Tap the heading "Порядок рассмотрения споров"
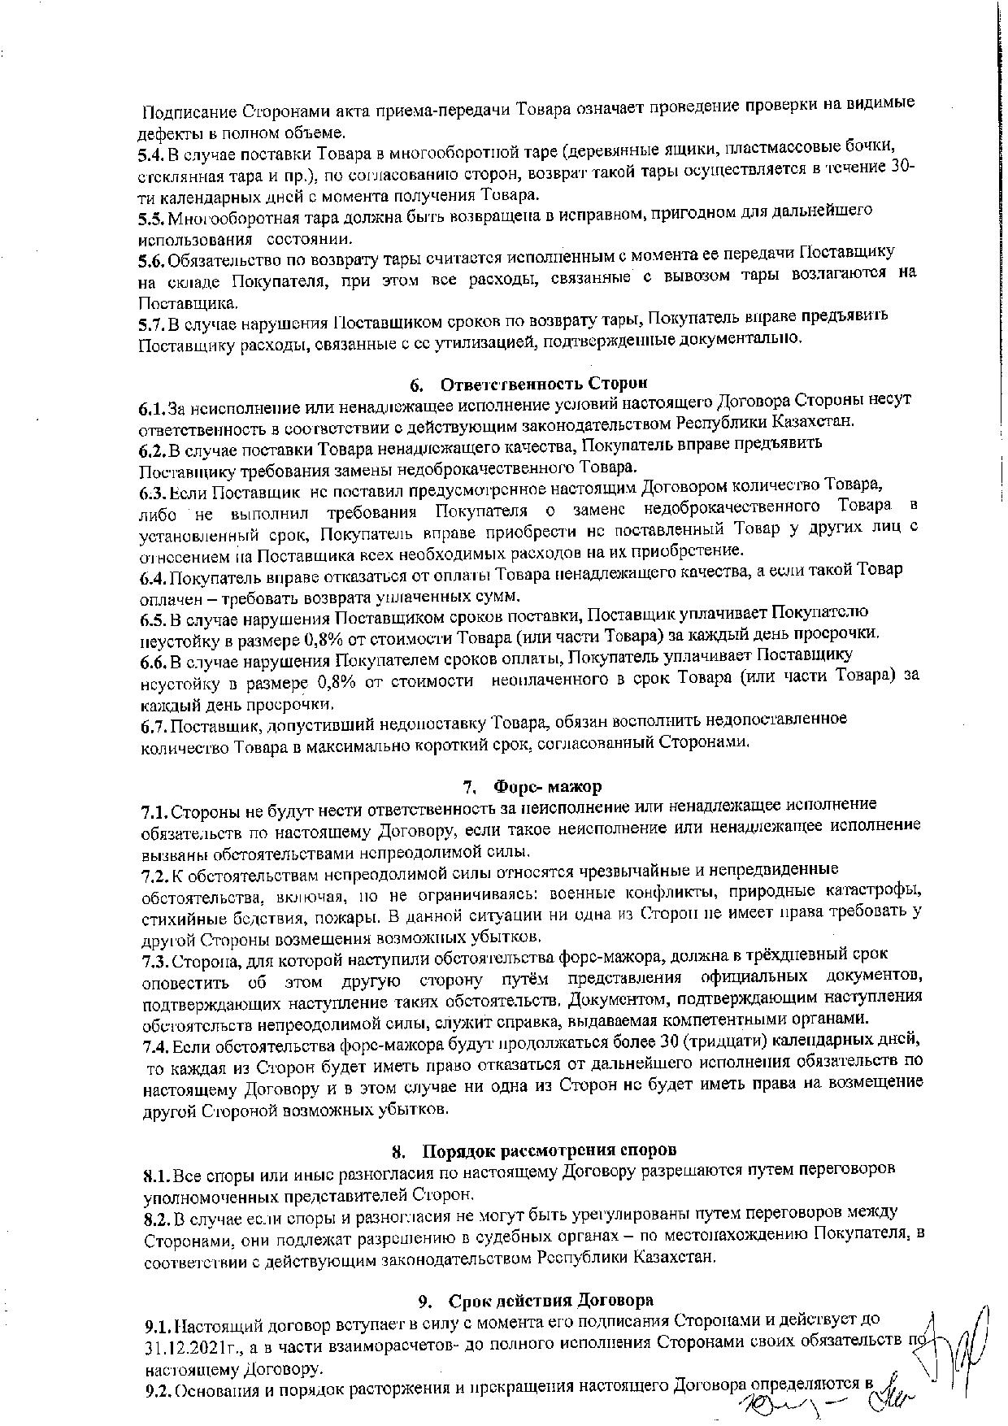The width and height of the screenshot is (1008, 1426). (545, 1150)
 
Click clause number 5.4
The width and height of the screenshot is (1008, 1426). (152, 154)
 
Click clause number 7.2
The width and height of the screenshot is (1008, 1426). (155, 876)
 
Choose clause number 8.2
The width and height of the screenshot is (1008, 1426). (157, 1215)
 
